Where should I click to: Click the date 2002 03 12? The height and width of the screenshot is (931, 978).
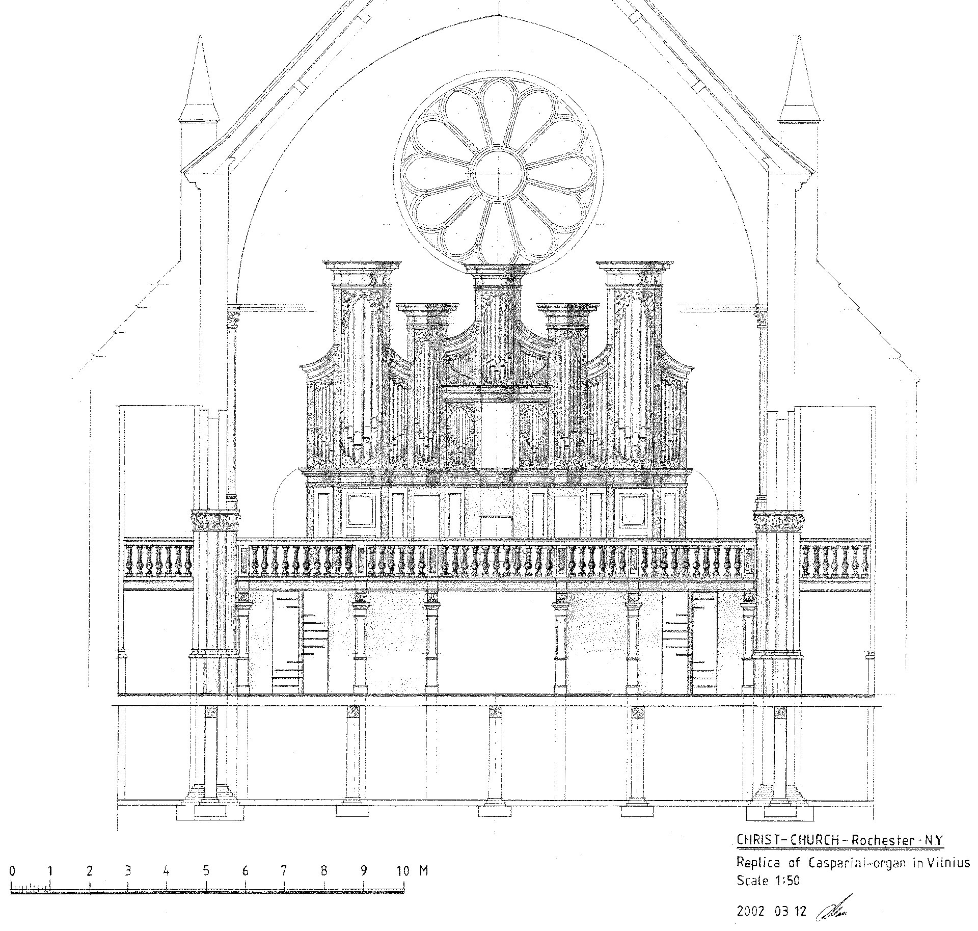tap(771, 911)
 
